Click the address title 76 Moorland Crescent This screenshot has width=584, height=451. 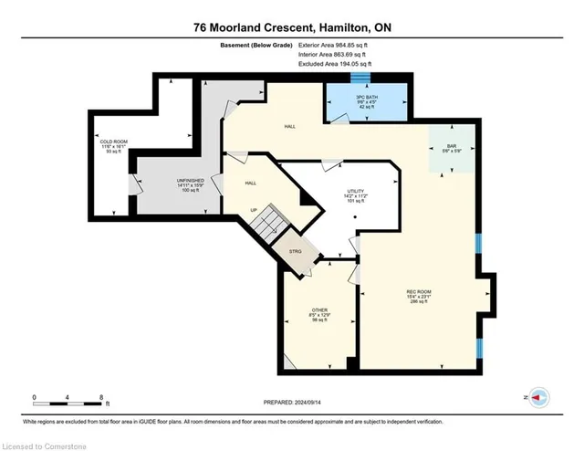(291, 26)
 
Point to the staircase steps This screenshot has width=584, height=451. (268, 223)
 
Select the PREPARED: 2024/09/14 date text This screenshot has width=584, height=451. (291, 399)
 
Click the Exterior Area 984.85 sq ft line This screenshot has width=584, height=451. (339, 43)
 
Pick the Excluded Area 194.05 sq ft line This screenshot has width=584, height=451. (339, 65)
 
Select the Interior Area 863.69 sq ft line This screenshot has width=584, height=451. (337, 54)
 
